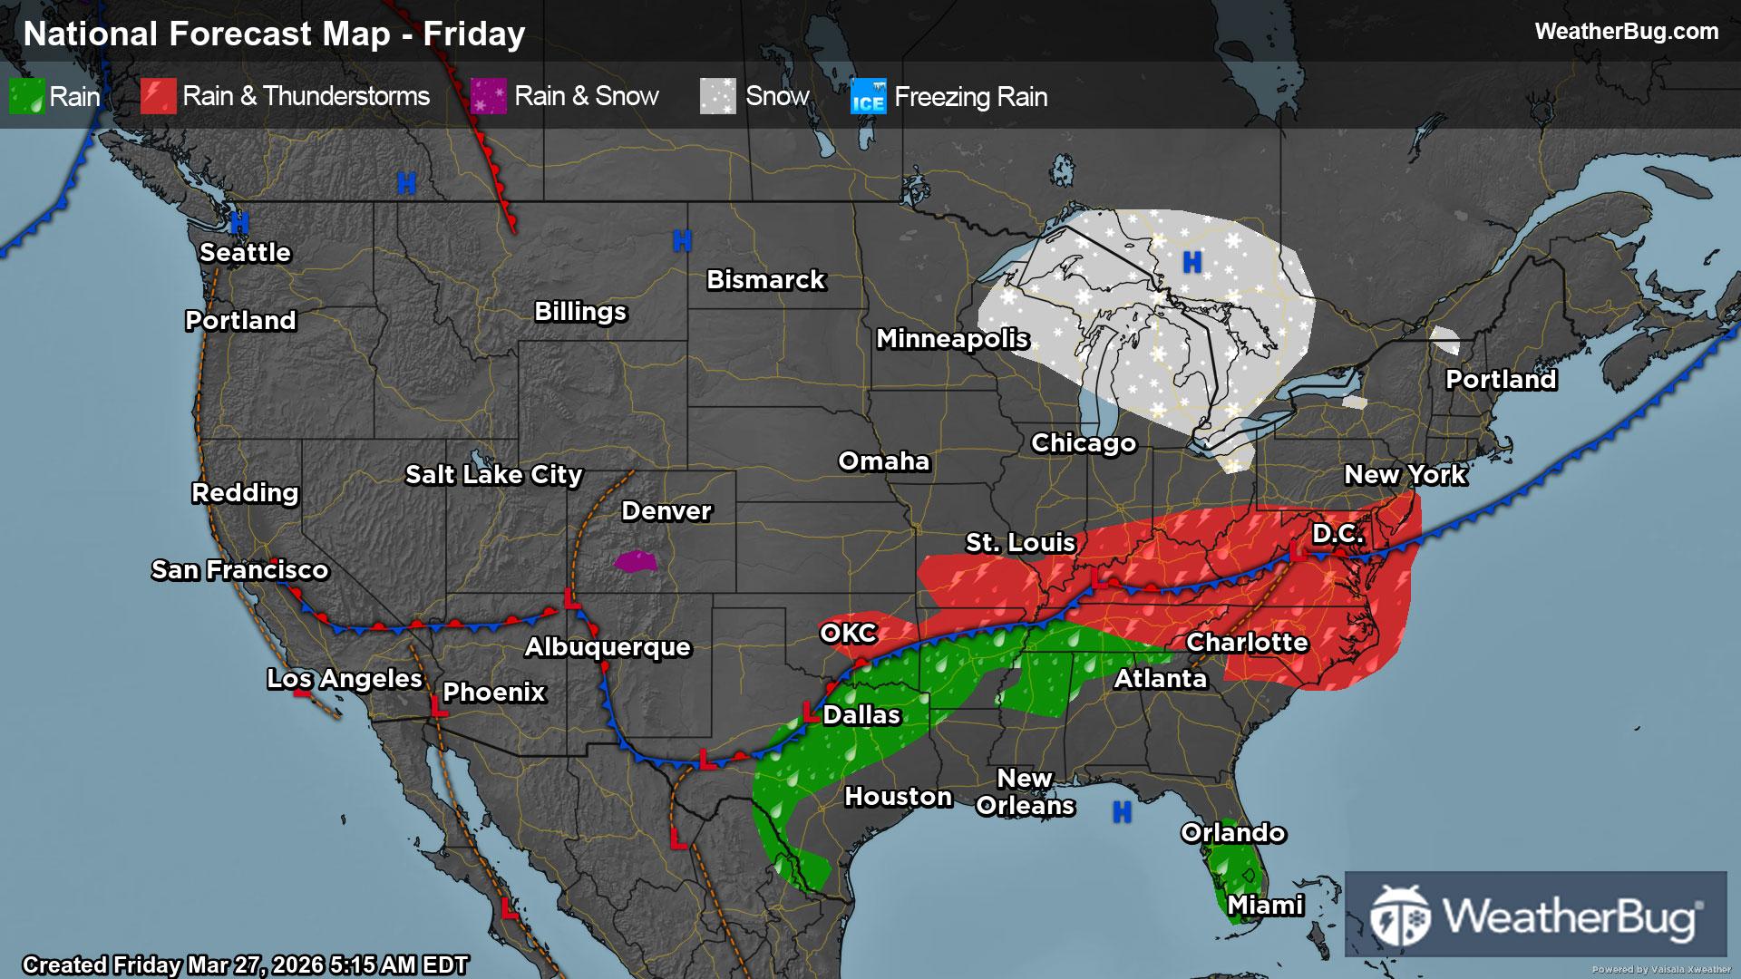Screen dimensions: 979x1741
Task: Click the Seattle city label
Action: point(245,253)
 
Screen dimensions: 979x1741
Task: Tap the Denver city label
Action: point(666,511)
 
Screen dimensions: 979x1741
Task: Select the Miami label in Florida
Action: point(1265,906)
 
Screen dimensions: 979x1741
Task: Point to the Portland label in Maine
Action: point(1501,380)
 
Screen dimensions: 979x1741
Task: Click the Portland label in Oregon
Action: point(240,321)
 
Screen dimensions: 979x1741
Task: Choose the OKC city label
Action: point(849,633)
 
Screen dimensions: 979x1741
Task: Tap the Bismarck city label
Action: point(765,280)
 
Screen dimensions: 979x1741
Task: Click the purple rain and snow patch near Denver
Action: point(636,562)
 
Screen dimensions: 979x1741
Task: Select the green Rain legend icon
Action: point(26,96)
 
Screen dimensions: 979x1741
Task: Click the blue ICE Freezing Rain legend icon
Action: point(868,96)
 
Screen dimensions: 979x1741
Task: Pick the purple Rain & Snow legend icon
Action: point(489,96)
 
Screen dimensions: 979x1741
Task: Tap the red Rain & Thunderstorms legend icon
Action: point(158,96)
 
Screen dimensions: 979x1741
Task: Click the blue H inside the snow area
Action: point(1192,263)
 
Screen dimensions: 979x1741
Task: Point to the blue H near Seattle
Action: point(239,222)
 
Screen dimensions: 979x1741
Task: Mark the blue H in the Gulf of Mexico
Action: point(1122,812)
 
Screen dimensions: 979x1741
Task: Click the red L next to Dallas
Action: point(810,712)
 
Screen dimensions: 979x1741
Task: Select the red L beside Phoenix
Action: point(439,708)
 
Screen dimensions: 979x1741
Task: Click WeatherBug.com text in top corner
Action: point(1626,32)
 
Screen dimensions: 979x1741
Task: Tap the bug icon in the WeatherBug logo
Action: point(1399,916)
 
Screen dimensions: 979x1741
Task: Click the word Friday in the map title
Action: point(474,34)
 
